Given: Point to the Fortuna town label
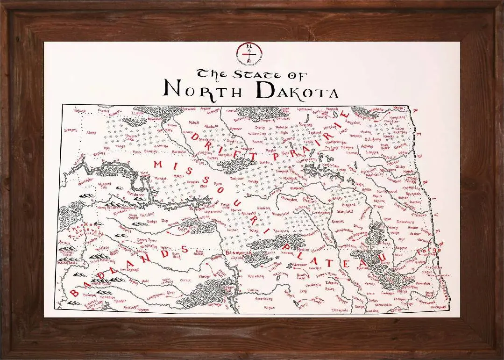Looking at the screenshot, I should click(80, 111).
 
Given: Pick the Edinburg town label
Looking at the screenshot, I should click(373, 139).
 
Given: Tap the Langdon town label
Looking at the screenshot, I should click(353, 122).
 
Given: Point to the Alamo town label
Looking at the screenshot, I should click(91, 133).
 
